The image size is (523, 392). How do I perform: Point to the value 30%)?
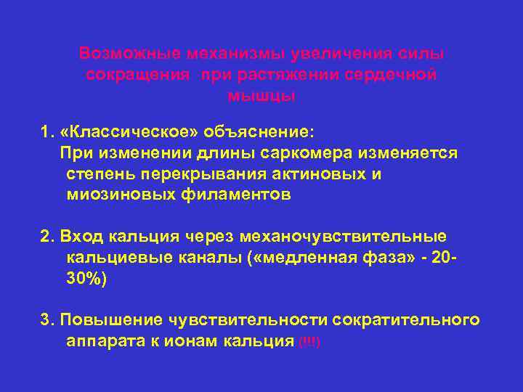click(86, 279)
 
